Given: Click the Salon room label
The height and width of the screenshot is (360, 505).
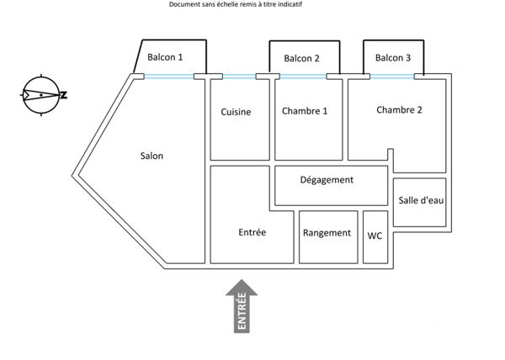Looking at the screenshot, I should tap(151, 156).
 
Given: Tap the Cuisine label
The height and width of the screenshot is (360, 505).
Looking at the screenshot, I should tap(236, 112).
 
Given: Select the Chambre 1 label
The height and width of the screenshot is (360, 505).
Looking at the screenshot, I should tap(305, 111).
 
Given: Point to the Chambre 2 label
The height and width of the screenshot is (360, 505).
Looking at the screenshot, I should tap(399, 109).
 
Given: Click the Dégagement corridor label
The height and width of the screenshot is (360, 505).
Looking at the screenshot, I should tap(327, 179).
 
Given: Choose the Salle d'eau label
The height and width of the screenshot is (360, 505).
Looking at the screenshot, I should tap(420, 200).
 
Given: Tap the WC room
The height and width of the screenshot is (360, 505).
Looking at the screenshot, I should tap(375, 236).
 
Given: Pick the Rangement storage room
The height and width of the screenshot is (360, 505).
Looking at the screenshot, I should tap(327, 233).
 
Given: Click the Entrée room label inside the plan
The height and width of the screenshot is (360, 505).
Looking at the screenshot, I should tap(252, 233).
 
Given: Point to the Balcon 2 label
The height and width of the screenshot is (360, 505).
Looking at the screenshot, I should tap(301, 59).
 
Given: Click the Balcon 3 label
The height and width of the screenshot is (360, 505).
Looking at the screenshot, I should tap(393, 58).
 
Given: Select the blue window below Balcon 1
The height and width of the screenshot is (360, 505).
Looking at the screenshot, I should tap(169, 77).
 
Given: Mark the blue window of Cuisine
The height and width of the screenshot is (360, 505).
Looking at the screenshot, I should tap(238, 77).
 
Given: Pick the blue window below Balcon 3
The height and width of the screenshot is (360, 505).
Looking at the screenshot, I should tap(392, 77).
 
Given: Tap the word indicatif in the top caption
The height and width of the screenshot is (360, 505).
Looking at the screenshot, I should tap(286, 4).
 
